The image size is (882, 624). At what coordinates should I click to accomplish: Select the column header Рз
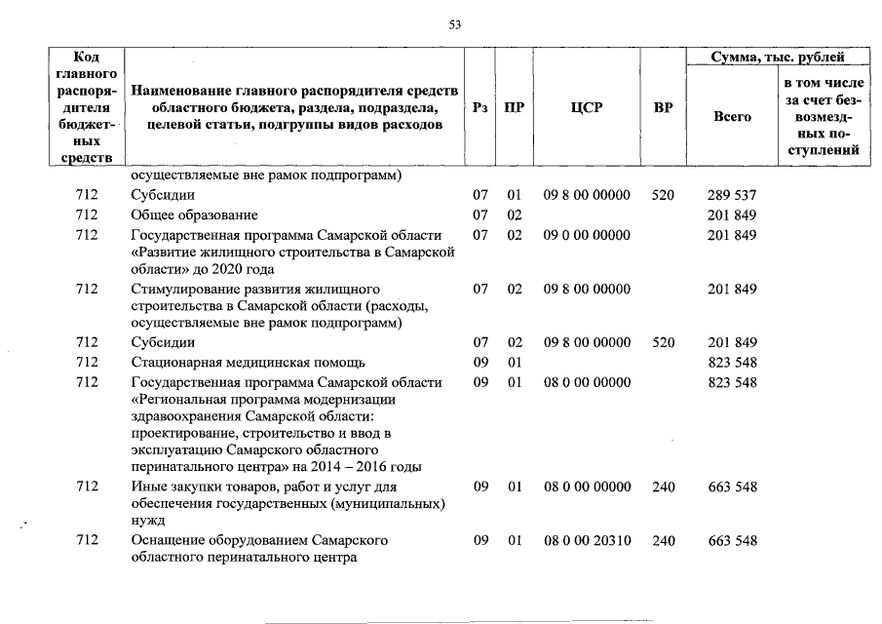(x=479, y=108)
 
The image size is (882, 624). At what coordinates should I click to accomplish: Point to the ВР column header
(x=663, y=108)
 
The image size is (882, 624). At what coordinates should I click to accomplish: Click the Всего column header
(x=733, y=117)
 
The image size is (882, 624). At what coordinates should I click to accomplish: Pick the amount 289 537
(x=732, y=195)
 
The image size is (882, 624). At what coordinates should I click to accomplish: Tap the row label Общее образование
(x=195, y=214)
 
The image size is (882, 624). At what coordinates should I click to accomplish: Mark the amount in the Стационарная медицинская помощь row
(x=732, y=363)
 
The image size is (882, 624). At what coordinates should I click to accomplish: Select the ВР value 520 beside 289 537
(x=663, y=195)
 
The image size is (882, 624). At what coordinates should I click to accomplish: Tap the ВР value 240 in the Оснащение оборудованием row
(x=663, y=539)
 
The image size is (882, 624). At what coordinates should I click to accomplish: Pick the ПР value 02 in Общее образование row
(x=515, y=214)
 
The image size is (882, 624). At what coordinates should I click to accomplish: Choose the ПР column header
(x=515, y=108)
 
